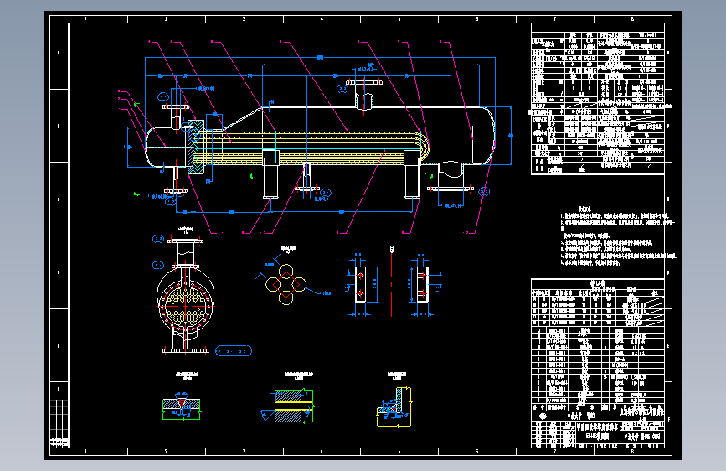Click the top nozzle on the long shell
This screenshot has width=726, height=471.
[363, 99]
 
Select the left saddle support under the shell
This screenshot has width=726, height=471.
[270, 173]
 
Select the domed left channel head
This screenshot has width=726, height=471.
[155, 147]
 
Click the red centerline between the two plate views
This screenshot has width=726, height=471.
[392, 281]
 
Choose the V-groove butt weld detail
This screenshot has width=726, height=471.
[183, 405]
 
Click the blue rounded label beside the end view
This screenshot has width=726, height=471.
[234, 349]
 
